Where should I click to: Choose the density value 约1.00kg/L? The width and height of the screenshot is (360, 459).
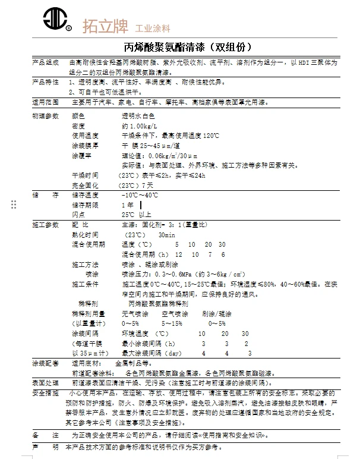pyautogui.click(x=139, y=127)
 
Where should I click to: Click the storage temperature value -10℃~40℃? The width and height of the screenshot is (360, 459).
pyautogui.click(x=140, y=195)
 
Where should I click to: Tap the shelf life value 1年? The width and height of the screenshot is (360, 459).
pyautogui.click(x=127, y=205)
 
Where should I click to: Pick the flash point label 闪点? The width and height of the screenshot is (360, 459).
pyautogui.click(x=78, y=214)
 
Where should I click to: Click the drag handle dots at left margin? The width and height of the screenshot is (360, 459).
pyautogui.click(x=14, y=205)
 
